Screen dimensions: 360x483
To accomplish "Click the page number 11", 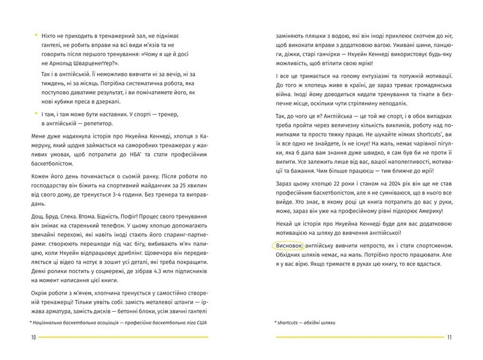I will click(x=449, y=337).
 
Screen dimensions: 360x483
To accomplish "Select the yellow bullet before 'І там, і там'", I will click(x=36, y=114).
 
